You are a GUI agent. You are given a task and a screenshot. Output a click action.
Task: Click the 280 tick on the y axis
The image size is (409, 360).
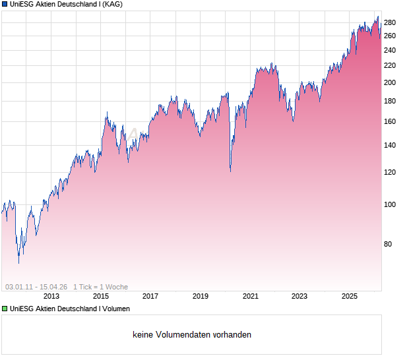point(390,22)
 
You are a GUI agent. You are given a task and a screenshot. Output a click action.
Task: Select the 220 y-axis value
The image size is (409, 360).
point(390,65)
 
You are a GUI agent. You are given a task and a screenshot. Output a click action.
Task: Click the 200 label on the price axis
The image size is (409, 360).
point(390,82)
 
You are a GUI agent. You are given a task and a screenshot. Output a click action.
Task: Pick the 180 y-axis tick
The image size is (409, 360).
point(390,101)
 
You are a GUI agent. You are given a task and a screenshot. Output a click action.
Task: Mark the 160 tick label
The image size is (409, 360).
point(390,121)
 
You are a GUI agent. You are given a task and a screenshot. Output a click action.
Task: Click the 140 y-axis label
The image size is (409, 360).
point(390,145)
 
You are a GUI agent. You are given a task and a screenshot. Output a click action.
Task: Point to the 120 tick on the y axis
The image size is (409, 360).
point(390,172)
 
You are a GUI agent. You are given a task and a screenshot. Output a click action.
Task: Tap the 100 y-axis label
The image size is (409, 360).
point(390,204)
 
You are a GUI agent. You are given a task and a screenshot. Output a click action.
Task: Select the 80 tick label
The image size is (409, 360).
point(390,244)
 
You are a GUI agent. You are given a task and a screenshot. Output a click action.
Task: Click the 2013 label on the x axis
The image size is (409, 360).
point(51,297)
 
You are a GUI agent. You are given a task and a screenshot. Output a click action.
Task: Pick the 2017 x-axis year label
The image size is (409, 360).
point(150,297)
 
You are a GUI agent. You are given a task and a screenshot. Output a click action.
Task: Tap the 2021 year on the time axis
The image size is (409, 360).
point(250,297)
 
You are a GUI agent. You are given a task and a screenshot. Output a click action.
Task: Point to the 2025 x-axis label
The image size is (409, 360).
point(350,297)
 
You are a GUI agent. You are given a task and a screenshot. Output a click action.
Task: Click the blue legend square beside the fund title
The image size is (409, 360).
point(5,4)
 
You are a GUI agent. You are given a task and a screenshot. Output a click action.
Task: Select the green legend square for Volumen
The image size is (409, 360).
point(5,309)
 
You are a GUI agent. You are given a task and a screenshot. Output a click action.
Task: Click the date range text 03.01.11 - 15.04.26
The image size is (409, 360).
point(36,287)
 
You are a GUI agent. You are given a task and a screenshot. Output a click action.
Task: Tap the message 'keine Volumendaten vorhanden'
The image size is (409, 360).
point(192,335)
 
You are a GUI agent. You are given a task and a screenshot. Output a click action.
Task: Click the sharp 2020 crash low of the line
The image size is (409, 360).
point(230,171)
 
